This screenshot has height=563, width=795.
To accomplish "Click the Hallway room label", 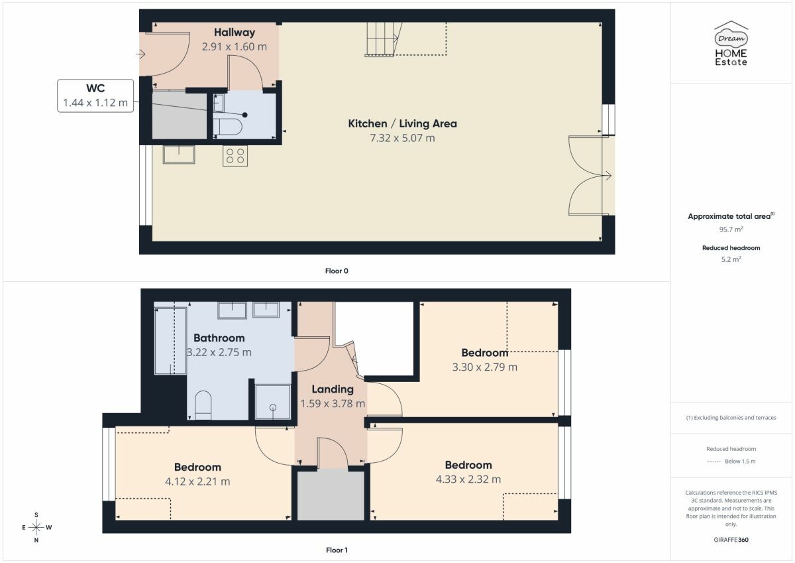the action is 235,32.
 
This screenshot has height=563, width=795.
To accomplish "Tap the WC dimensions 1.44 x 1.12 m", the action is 95,103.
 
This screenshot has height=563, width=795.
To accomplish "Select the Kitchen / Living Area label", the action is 402,123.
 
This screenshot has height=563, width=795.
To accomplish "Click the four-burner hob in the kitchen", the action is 235,156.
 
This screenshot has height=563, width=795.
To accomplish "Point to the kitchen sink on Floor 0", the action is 179,155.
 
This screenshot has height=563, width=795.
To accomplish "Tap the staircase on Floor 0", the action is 384,39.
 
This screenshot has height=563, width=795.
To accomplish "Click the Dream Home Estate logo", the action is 731,43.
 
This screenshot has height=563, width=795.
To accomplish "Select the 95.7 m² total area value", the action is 731,229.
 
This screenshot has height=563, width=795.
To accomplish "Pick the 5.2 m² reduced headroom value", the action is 731,259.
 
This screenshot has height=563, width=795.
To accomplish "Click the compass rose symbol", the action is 36,527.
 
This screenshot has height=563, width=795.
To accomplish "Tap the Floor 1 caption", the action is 337,550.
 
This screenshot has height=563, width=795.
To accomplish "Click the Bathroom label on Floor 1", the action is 219,338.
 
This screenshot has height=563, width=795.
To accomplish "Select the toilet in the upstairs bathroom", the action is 203,405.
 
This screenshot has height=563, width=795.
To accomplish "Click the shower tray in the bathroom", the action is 272,402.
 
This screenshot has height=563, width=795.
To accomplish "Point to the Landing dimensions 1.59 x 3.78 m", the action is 333,403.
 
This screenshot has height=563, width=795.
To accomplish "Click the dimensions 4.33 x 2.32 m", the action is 468,479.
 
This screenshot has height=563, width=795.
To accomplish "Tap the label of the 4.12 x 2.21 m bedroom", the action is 197,467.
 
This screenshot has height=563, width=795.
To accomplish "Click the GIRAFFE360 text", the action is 731,540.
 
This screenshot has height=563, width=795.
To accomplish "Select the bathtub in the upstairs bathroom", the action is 170,341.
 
